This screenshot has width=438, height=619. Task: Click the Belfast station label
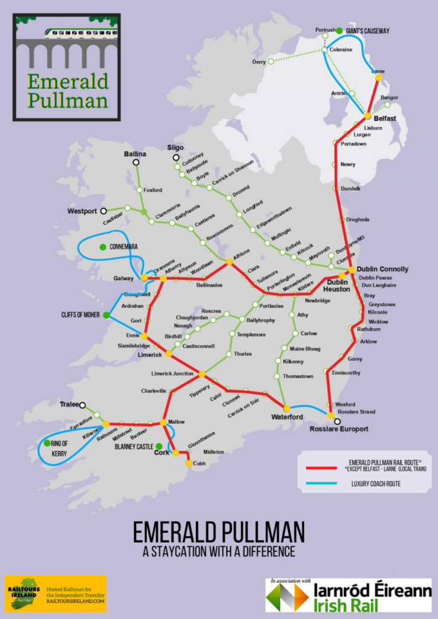(385, 118)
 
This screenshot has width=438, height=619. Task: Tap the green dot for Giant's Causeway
(339, 31)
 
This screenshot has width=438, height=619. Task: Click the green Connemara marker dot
(103, 247)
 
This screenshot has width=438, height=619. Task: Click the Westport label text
(82, 212)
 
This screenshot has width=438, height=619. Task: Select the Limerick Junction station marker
(202, 374)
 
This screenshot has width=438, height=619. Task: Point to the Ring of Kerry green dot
(47, 443)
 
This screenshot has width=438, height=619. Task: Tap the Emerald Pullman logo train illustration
(67, 31)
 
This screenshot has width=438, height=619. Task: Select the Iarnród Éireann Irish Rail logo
(349, 596)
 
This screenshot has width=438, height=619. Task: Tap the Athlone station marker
(229, 262)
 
